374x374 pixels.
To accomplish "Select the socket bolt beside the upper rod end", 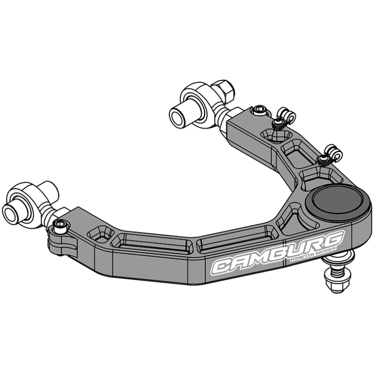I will point(258,111).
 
